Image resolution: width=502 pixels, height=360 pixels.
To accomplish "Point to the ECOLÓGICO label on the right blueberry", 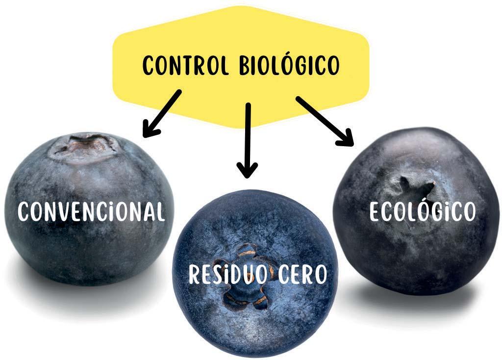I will pos(423,211).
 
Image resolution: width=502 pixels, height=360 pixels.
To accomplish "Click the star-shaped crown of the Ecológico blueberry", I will pos(417,188).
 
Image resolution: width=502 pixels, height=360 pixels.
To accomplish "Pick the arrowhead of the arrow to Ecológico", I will pos(346,138).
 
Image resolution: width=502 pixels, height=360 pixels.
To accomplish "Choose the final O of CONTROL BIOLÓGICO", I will pos(332,65).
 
